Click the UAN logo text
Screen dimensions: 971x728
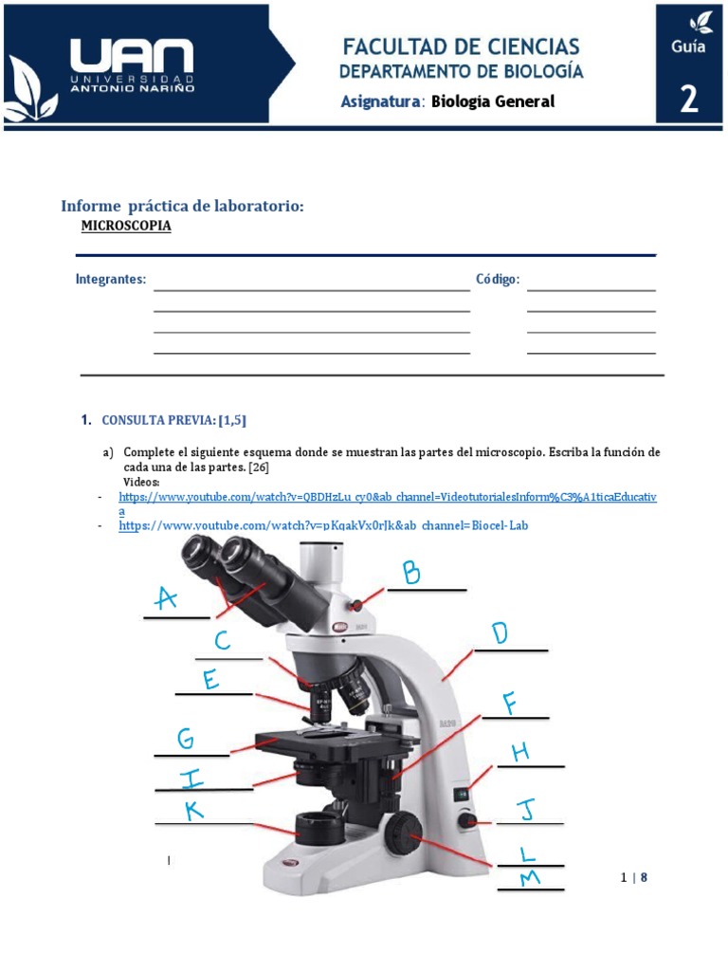coord(131,58)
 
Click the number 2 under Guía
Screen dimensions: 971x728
coord(689,99)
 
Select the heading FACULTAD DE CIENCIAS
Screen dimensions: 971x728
coord(462,46)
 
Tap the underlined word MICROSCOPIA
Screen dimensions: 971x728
coord(126,227)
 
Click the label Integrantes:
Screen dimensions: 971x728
coord(111,280)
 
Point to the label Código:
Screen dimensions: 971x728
coord(498,280)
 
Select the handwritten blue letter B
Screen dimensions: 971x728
coord(410,573)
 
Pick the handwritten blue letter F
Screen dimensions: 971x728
coord(510,704)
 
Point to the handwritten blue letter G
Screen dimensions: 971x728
coord(186,739)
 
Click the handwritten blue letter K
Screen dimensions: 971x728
coord(194,810)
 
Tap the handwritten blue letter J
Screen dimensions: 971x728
coord(525,811)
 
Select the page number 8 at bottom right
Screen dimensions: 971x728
coord(644,877)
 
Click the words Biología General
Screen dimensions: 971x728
coord(492,101)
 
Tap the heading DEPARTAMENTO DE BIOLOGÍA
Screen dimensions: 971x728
coord(462,72)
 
